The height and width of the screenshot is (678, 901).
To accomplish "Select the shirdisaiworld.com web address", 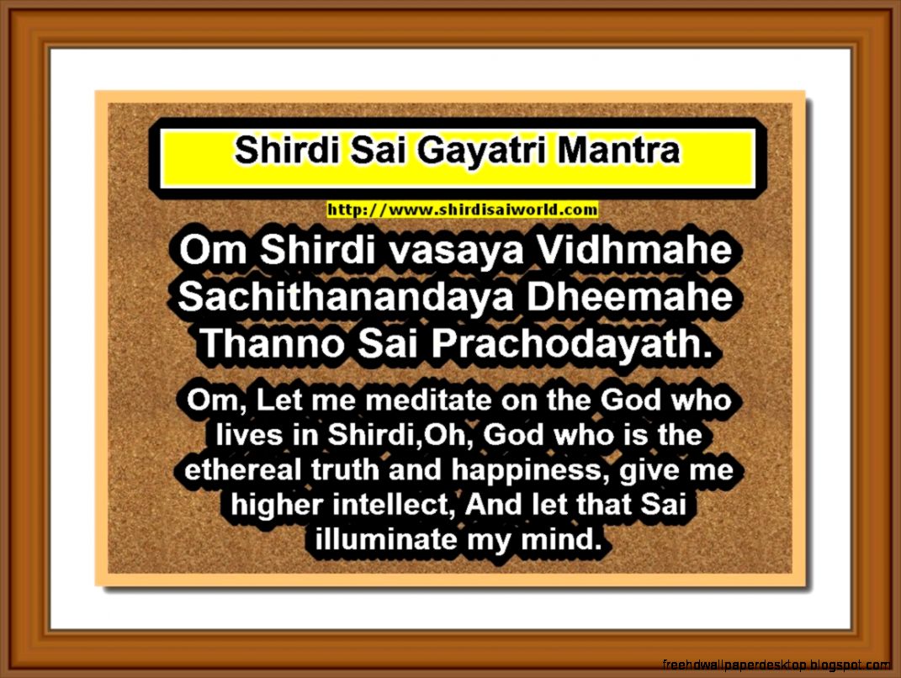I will tap(462, 209).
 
